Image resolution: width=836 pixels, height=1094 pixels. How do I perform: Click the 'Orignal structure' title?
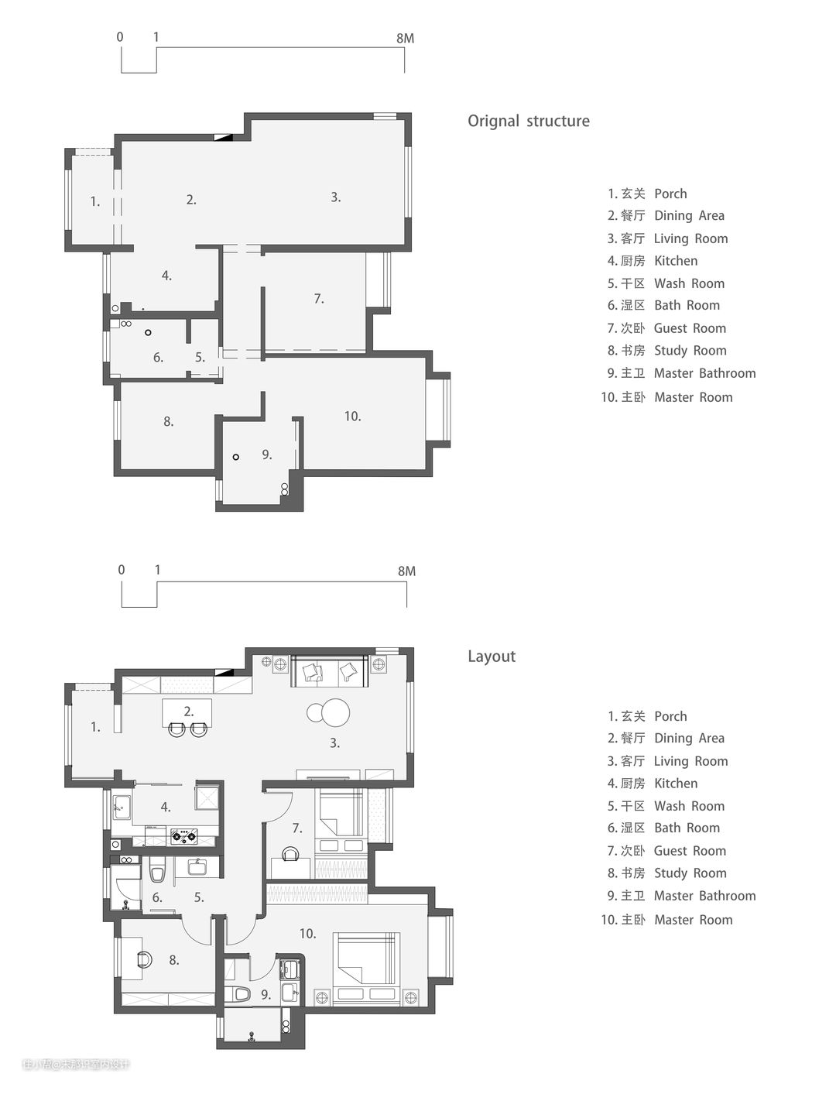[529, 121]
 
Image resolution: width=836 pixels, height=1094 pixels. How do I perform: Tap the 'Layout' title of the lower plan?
[492, 657]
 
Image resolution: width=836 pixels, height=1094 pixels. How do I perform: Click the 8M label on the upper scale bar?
[405, 39]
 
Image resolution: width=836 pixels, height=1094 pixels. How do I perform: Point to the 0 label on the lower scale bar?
[121, 570]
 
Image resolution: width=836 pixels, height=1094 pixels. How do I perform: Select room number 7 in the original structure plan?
[319, 299]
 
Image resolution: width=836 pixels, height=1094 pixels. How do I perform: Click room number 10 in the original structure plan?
[352, 417]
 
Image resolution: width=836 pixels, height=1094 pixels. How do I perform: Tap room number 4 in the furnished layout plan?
[166, 807]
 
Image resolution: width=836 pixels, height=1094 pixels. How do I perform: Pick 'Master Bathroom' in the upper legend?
[704, 373]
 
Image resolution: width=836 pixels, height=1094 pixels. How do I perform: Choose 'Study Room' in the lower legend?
[690, 873]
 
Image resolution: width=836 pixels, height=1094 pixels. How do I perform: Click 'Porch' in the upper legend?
[670, 194]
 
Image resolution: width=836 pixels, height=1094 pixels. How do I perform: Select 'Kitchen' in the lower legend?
[676, 784]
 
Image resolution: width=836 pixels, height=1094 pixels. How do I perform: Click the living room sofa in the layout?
[330, 671]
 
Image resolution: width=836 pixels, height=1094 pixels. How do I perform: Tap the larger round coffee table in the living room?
[335, 713]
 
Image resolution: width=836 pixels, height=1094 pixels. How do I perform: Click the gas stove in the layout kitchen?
[183, 836]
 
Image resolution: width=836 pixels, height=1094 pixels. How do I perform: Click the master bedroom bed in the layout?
[367, 967]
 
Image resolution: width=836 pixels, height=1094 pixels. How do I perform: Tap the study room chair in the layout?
[145, 959]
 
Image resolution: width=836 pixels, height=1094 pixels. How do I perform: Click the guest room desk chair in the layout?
[290, 854]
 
